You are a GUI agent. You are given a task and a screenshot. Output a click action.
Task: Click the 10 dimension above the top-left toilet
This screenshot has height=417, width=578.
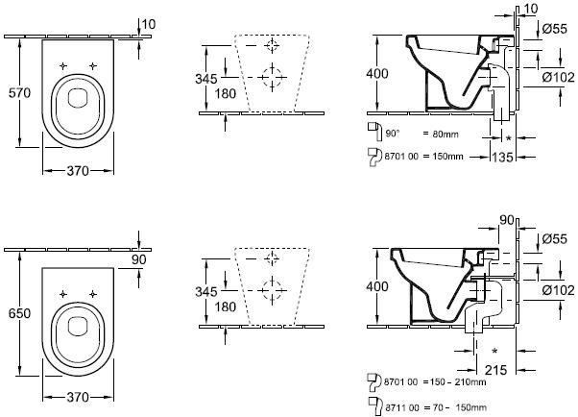click(x=147, y=23)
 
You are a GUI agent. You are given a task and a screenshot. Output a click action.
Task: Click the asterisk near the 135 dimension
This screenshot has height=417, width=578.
click(x=508, y=137)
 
